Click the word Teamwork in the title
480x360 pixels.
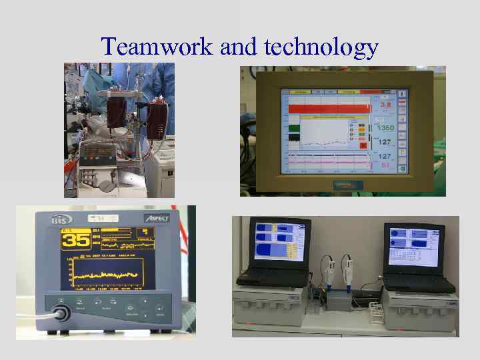coord(157,47)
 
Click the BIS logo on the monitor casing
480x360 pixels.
coord(61,219)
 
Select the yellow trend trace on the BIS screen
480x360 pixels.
coord(107,274)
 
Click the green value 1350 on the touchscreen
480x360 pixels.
coord(385,127)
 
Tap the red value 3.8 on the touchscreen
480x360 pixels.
coord(385,104)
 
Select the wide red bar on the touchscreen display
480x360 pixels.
coord(327,108)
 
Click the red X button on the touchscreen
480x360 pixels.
coord(363,145)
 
